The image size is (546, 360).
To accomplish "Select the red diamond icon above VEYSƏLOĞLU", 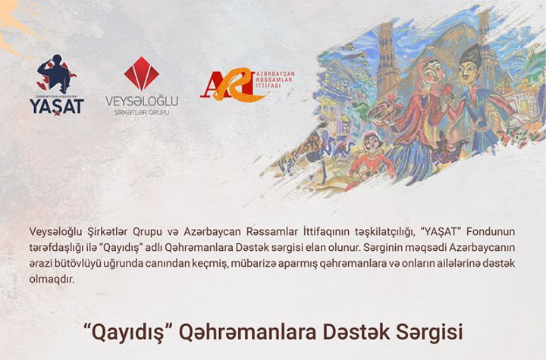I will [141, 74].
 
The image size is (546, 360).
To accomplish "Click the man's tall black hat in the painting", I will [471, 55].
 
